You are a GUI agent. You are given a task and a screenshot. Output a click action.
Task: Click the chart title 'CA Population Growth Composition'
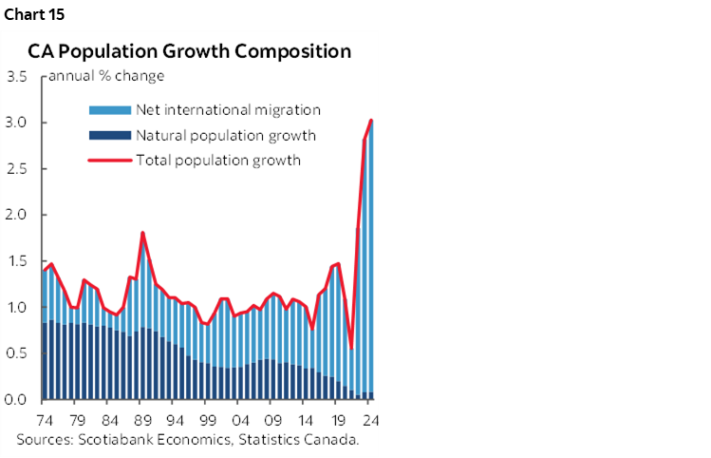(x=189, y=50)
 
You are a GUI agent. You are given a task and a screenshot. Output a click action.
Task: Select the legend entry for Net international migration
(x=228, y=110)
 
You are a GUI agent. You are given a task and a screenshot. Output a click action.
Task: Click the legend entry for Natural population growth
(x=225, y=135)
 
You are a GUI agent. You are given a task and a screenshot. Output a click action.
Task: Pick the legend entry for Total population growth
(x=218, y=160)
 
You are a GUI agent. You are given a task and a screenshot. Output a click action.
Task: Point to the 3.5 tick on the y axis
(x=17, y=76)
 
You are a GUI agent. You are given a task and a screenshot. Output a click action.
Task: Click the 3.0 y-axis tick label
(x=17, y=123)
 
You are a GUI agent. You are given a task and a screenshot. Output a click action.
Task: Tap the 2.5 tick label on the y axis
(x=17, y=169)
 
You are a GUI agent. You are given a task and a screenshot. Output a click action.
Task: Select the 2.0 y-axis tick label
(x=17, y=215)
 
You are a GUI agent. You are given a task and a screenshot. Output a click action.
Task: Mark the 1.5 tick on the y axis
(x=17, y=261)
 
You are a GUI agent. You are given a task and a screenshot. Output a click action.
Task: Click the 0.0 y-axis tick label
(x=17, y=400)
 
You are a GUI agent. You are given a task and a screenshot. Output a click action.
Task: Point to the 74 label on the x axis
(x=44, y=420)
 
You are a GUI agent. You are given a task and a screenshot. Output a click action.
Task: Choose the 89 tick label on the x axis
(x=141, y=420)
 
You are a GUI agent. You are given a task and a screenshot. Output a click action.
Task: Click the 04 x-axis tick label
(x=241, y=420)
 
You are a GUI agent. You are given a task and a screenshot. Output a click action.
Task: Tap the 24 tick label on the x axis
(x=369, y=420)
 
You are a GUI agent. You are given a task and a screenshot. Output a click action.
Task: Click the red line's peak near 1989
(x=142, y=233)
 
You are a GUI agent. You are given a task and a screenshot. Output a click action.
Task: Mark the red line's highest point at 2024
(x=371, y=120)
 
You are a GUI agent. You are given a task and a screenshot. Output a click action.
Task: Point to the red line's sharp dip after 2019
(x=351, y=349)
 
